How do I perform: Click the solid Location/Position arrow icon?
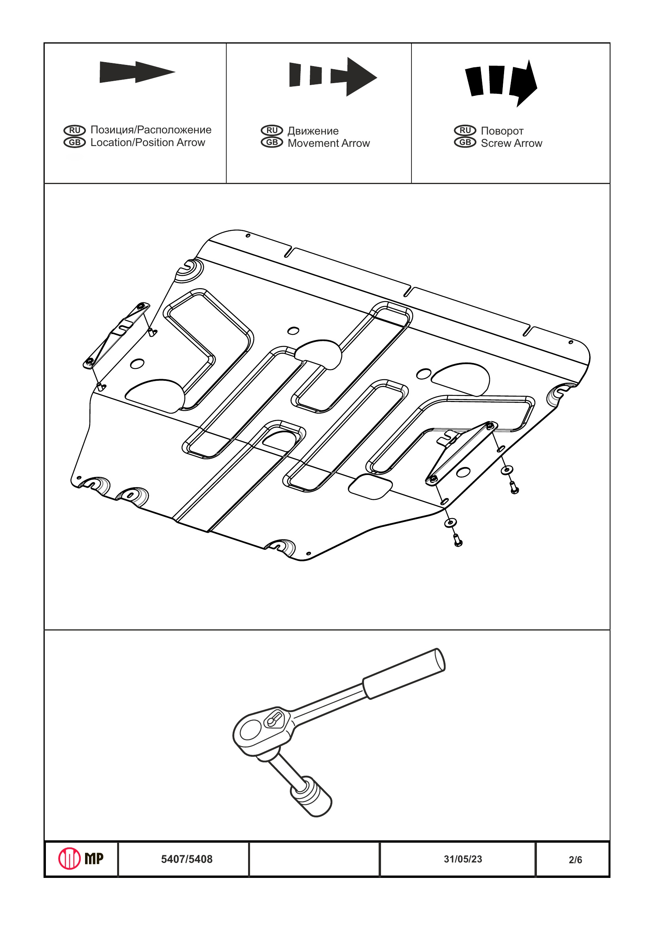click(x=137, y=72)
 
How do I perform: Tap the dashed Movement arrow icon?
click(x=333, y=76)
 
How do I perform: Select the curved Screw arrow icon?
click(x=501, y=83)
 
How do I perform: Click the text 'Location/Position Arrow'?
click(x=148, y=142)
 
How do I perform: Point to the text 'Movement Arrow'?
click(x=329, y=143)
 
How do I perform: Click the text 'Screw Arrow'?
click(x=512, y=143)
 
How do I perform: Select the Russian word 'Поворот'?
click(x=502, y=131)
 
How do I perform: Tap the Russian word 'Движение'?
click(x=313, y=131)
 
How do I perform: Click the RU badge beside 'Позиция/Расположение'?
click(x=74, y=130)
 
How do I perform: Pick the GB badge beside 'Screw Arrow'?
click(x=465, y=142)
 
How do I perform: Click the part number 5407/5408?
click(x=186, y=859)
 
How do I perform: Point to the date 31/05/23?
click(x=463, y=859)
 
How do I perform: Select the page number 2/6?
click(x=575, y=860)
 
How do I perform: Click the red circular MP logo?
click(x=70, y=859)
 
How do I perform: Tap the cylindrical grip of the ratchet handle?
click(x=404, y=674)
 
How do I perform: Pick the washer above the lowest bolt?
click(x=450, y=523)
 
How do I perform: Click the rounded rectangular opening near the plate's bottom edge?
click(x=370, y=487)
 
